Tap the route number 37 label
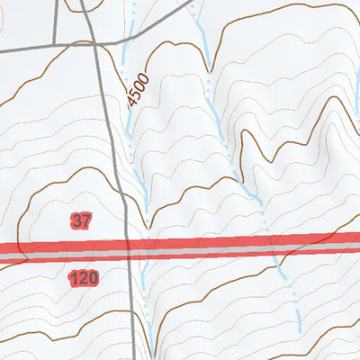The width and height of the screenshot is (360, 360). click(81, 220)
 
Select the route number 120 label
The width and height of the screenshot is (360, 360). click(82, 279)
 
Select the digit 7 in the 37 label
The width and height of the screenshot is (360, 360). click(86, 220)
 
